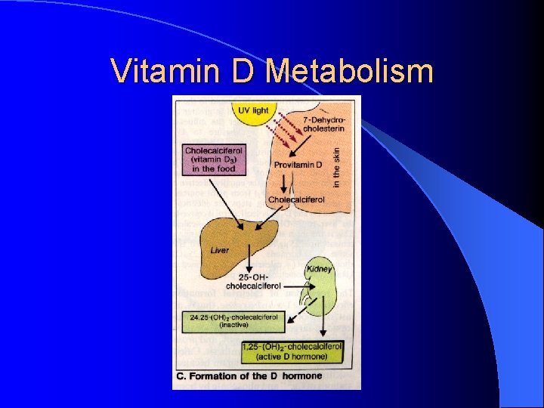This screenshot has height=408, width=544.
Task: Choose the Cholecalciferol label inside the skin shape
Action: coord(296,200)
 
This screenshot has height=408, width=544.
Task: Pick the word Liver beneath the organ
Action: coord(220,250)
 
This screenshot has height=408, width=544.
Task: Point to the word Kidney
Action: coord(320,268)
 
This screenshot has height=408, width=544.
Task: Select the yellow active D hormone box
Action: coord(293,351)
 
